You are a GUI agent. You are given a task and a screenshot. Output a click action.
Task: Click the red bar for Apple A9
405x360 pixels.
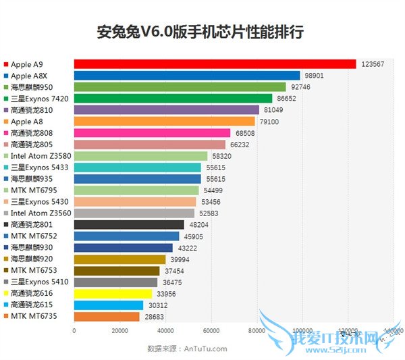[x=215, y=64]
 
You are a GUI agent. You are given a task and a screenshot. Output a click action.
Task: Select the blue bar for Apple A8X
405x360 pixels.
[x=187, y=76]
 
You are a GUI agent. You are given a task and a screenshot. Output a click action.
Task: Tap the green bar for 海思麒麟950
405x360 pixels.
[x=180, y=87]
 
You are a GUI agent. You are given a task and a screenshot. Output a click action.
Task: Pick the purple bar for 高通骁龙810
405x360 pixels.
[x=166, y=110]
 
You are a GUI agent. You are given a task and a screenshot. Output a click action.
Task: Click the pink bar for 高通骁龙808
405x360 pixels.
[x=152, y=133]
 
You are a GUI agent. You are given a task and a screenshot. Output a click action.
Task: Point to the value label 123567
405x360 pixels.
[x=372, y=64]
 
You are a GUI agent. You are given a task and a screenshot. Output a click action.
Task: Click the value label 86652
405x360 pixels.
[x=287, y=99]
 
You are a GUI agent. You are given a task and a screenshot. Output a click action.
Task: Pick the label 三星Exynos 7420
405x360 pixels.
[x=40, y=99]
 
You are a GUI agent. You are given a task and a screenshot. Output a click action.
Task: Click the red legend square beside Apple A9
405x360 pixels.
[x=6, y=64]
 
